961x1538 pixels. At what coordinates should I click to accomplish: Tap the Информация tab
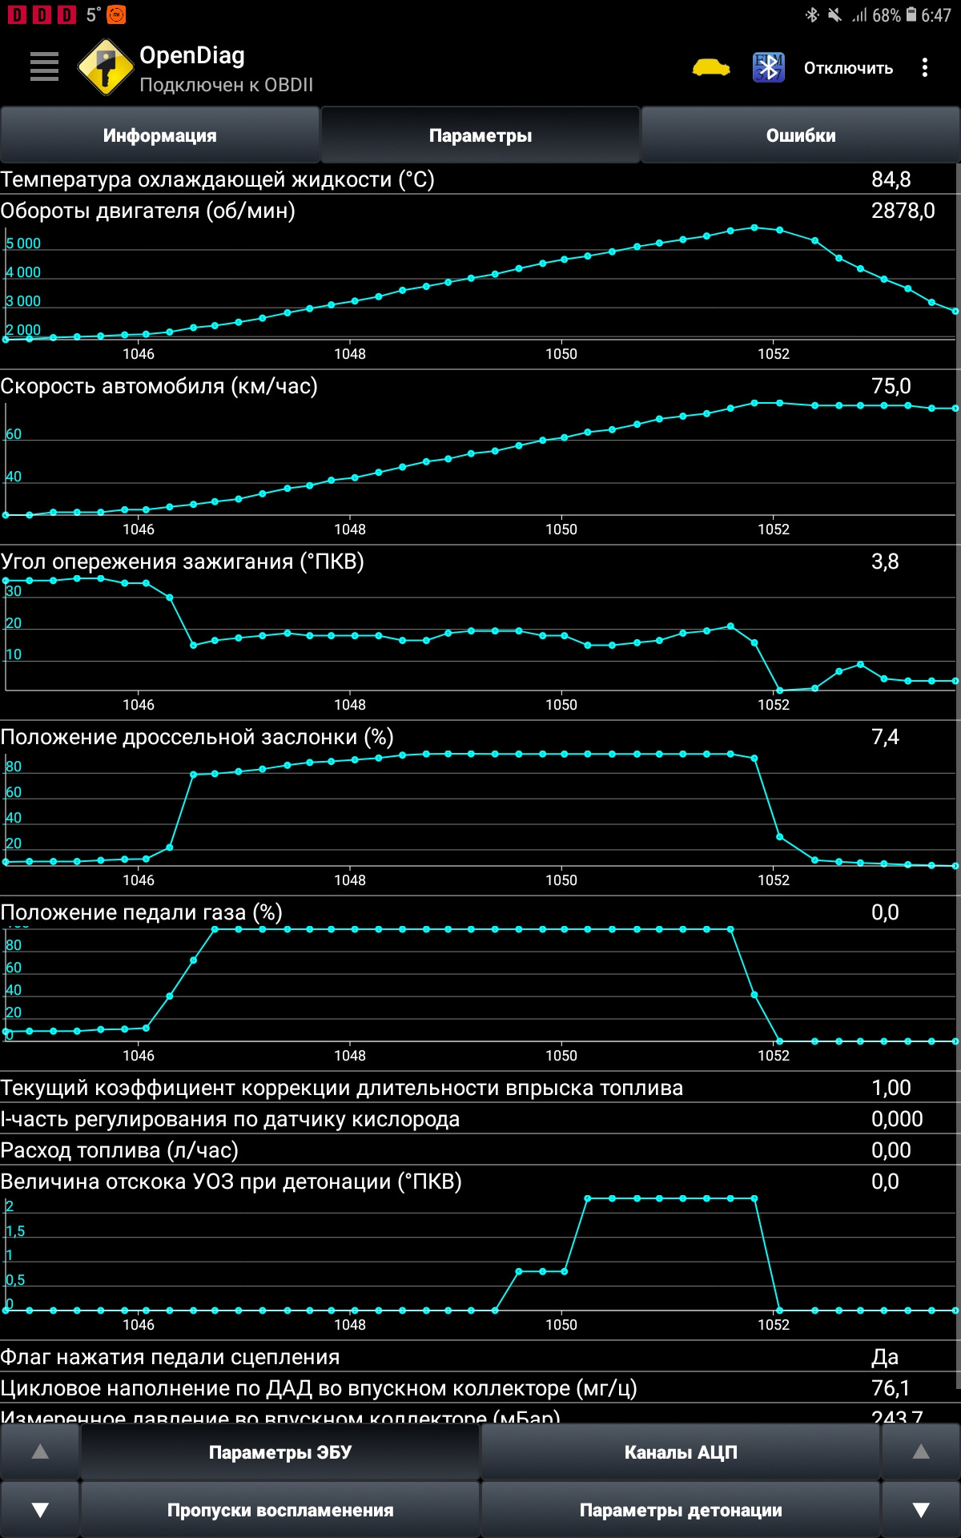click(x=160, y=135)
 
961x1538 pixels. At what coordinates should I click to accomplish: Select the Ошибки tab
click(x=801, y=135)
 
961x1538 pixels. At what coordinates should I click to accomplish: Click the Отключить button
click(x=848, y=68)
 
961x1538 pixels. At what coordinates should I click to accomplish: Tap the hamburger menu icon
click(x=44, y=66)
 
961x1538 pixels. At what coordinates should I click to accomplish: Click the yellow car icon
click(x=711, y=68)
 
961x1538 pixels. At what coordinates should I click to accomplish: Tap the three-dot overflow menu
click(x=925, y=67)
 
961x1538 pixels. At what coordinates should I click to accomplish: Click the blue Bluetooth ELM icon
click(x=769, y=67)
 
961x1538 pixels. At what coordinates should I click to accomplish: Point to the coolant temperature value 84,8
click(x=891, y=179)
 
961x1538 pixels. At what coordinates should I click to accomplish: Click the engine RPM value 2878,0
click(x=903, y=211)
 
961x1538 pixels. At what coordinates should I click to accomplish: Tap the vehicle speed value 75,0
click(x=891, y=386)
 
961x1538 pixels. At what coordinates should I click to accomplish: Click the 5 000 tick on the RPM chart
click(x=23, y=244)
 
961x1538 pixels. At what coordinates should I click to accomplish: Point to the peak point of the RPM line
click(x=754, y=227)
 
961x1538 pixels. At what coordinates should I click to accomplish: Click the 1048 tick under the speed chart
click(x=350, y=529)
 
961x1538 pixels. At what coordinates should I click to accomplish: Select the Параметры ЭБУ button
click(x=280, y=1452)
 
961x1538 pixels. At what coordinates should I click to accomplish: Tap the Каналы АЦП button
click(x=681, y=1452)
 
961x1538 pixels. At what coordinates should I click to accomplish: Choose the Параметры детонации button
click(x=681, y=1510)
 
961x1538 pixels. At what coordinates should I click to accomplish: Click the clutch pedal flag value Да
click(x=885, y=1357)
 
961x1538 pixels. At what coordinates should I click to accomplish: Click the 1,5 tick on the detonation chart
click(x=15, y=1231)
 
